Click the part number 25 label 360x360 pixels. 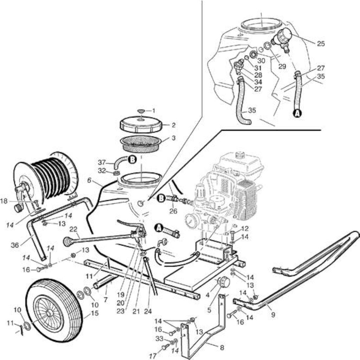coord(321,43)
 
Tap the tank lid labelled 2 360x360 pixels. coord(141,124)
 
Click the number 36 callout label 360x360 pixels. coord(15,245)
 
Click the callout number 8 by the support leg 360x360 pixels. coord(222,347)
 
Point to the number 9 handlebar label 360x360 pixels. coord(273,314)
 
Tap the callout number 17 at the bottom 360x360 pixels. coord(153,356)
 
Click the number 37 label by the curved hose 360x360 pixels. coord(102,162)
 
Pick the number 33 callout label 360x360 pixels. coord(160,339)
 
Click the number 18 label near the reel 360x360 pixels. coord(4,201)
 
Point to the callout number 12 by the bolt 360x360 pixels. coord(245,229)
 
